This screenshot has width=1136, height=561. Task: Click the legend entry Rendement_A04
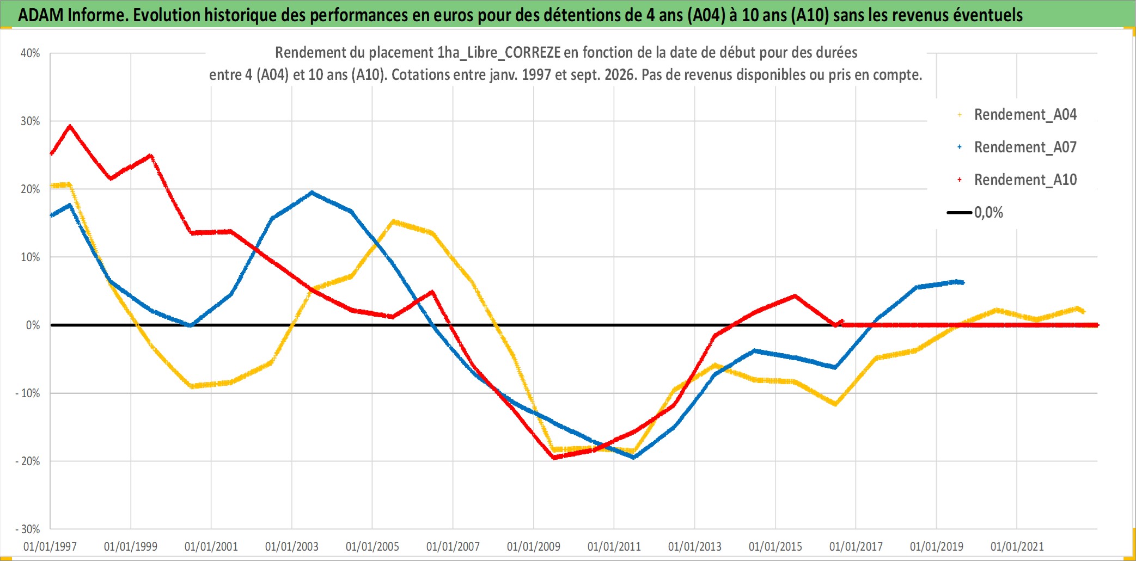pos(1025,115)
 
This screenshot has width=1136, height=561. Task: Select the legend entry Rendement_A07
pos(1025,147)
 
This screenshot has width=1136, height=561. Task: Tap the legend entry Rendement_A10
pos(1025,180)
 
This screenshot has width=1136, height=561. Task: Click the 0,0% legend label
pos(988,213)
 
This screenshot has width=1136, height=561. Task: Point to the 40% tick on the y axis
pos(30,53)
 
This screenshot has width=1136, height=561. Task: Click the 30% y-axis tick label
pos(30,121)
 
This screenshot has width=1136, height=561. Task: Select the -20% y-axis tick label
pos(27,461)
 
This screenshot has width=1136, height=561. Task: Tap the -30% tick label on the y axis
pos(27,529)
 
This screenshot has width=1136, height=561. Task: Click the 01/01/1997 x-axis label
pos(50,546)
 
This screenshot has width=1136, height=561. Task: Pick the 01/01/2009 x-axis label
pos(534,546)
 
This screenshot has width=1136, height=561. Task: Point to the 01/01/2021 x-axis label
pos(1017,546)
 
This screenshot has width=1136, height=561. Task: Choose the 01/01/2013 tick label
pos(695,546)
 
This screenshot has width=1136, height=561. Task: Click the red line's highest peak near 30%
pos(70,126)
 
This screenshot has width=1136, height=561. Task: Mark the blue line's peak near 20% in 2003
pos(312,192)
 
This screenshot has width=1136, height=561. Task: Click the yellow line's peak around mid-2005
pos(393,221)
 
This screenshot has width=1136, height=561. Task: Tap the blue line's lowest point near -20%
pos(634,457)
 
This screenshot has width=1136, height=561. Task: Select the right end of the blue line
pos(963,282)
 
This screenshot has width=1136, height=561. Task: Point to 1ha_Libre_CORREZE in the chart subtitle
pos(499,53)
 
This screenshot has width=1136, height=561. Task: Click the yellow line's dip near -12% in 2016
pos(835,404)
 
